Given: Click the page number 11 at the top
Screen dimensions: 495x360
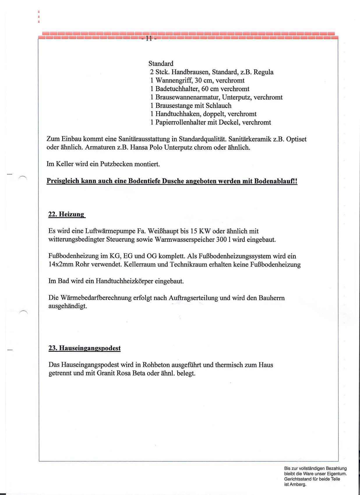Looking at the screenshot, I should [x=149, y=38].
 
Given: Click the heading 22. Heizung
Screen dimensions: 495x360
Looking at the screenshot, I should [x=66, y=214].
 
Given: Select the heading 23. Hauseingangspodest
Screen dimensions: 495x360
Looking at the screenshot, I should [x=84, y=348].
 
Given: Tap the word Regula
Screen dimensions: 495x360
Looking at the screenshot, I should [x=264, y=72].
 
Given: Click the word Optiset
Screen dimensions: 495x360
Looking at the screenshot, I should [x=297, y=139].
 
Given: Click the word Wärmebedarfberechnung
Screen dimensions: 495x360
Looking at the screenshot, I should [x=96, y=298].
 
